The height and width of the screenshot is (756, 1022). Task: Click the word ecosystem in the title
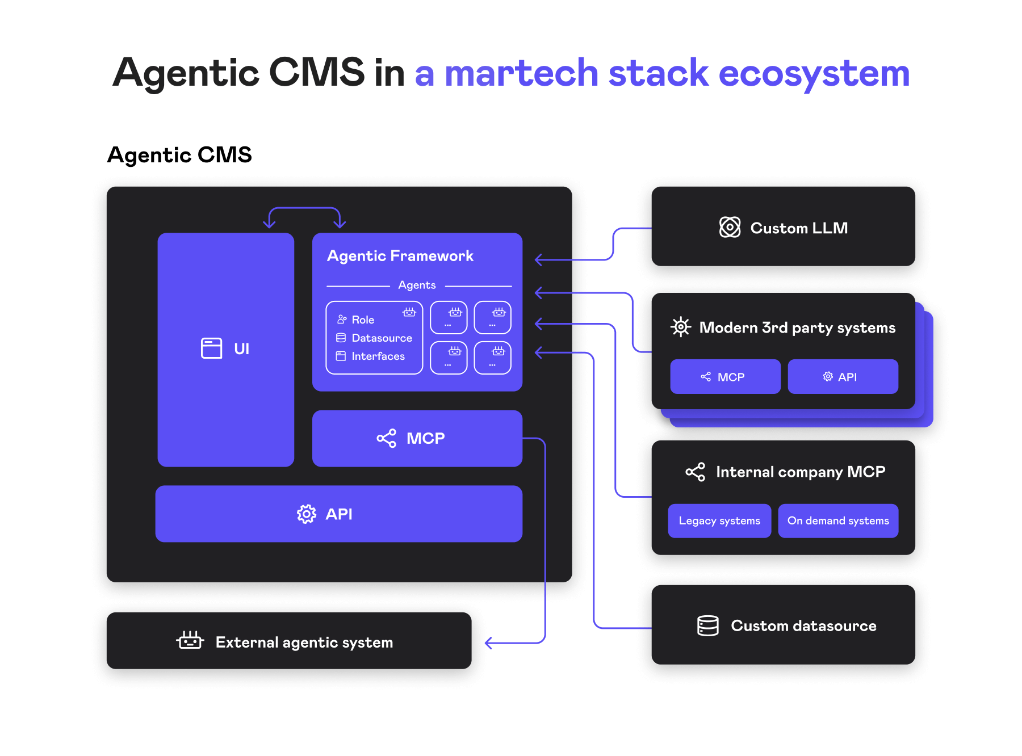814,74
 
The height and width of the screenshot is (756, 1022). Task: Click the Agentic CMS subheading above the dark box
179,155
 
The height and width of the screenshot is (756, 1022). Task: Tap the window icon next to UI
211,348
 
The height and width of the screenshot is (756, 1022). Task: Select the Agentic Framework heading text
400,256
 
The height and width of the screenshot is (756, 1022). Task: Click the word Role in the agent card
363,320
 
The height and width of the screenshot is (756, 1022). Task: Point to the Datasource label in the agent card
382,338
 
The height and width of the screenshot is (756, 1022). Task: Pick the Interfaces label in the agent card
378,356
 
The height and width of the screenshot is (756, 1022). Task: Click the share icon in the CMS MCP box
386,438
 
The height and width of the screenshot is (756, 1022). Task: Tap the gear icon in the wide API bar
306,514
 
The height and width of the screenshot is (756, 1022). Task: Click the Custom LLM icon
730,228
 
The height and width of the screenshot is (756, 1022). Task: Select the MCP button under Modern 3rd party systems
725,377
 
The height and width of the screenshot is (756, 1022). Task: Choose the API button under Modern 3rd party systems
843,377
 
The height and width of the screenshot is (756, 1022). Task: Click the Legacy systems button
719,521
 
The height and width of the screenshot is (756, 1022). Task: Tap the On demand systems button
838,521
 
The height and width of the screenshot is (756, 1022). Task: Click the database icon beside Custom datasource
707,625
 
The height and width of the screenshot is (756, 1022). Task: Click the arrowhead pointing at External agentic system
488,643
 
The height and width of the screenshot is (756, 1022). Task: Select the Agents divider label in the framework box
417,285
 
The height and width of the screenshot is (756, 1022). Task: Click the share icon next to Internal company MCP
695,472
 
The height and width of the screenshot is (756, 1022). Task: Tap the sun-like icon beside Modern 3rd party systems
680,327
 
